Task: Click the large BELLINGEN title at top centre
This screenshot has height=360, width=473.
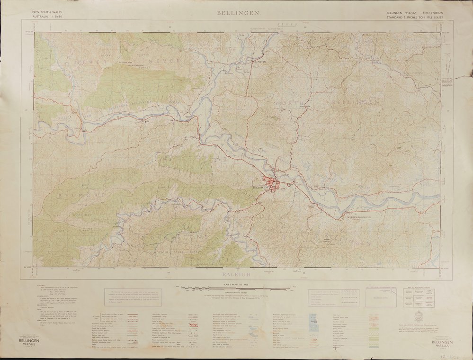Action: pyautogui.click(x=238, y=13)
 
